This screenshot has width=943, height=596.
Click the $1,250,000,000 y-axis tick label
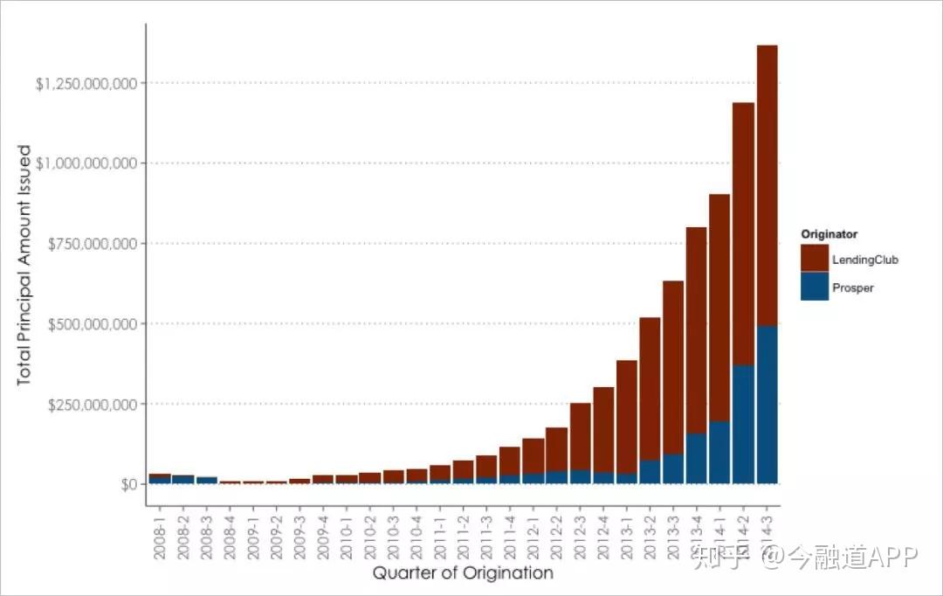point(86,84)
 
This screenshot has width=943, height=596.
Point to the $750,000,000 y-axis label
point(91,244)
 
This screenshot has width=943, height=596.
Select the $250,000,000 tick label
point(91,405)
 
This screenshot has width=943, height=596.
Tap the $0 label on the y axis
point(127,484)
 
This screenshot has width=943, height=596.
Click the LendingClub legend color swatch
point(814,258)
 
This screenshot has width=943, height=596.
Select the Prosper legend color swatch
point(814,287)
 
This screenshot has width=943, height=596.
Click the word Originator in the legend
point(829,234)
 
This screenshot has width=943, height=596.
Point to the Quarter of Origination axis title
point(463,573)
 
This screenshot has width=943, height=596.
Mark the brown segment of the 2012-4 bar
point(603,429)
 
